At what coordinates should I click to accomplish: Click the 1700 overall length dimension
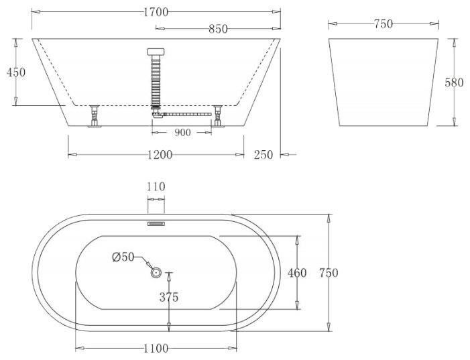[156, 12]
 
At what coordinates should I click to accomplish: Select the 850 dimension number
[218, 29]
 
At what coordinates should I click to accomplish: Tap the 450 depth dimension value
[16, 72]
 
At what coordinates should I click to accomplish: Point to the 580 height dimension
[454, 82]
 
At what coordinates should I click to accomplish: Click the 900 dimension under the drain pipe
[182, 132]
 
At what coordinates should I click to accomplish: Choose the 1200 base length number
[160, 155]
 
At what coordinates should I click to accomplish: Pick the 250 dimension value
[263, 155]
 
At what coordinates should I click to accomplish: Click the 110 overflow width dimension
[156, 187]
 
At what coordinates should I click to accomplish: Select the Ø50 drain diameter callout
[123, 257]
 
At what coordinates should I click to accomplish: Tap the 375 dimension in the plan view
[169, 297]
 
